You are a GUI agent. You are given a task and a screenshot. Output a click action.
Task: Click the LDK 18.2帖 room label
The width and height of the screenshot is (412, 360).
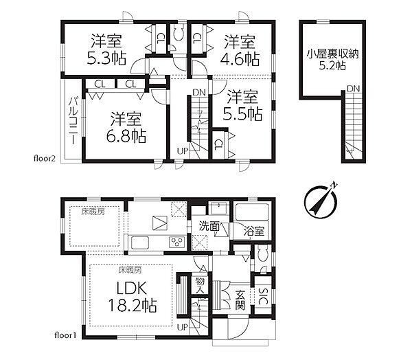(133, 297)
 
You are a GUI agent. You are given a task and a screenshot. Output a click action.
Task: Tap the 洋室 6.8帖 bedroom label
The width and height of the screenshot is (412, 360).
(126, 128)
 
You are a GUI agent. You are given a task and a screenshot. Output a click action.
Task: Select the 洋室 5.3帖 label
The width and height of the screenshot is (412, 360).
(106, 50)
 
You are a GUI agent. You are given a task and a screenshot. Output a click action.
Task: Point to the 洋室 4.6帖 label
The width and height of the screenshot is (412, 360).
(240, 51)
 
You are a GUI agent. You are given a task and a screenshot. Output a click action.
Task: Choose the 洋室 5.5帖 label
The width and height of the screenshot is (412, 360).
(242, 105)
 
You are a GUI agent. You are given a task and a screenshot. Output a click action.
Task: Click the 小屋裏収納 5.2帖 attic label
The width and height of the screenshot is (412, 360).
(332, 60)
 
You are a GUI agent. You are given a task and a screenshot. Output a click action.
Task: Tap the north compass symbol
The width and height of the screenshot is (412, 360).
(321, 201)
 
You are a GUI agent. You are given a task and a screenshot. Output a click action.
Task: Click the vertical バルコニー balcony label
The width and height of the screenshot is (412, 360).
(73, 120)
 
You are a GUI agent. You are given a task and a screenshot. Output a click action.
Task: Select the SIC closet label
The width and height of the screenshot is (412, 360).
(263, 296)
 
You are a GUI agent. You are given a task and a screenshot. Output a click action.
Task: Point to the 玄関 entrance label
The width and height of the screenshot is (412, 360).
(240, 300)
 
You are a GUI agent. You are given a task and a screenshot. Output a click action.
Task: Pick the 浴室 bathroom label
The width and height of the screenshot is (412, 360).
(253, 231)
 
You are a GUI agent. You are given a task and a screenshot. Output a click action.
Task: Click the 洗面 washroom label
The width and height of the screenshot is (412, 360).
(209, 226)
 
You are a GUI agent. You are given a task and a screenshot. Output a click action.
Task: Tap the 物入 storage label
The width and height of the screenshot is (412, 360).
(199, 286)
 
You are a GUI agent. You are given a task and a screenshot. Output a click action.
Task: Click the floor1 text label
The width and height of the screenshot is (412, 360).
(65, 335)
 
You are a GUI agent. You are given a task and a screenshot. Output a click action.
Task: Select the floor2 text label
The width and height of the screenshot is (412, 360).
(45, 159)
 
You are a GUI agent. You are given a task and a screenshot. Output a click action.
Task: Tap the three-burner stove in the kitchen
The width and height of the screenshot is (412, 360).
(177, 242)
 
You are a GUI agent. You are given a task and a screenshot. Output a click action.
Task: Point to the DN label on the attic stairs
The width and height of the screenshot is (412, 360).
(353, 89)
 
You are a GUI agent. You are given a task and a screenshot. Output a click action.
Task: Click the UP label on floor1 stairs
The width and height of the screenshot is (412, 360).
(183, 328)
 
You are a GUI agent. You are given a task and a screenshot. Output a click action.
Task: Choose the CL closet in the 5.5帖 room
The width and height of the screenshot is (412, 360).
(218, 144)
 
